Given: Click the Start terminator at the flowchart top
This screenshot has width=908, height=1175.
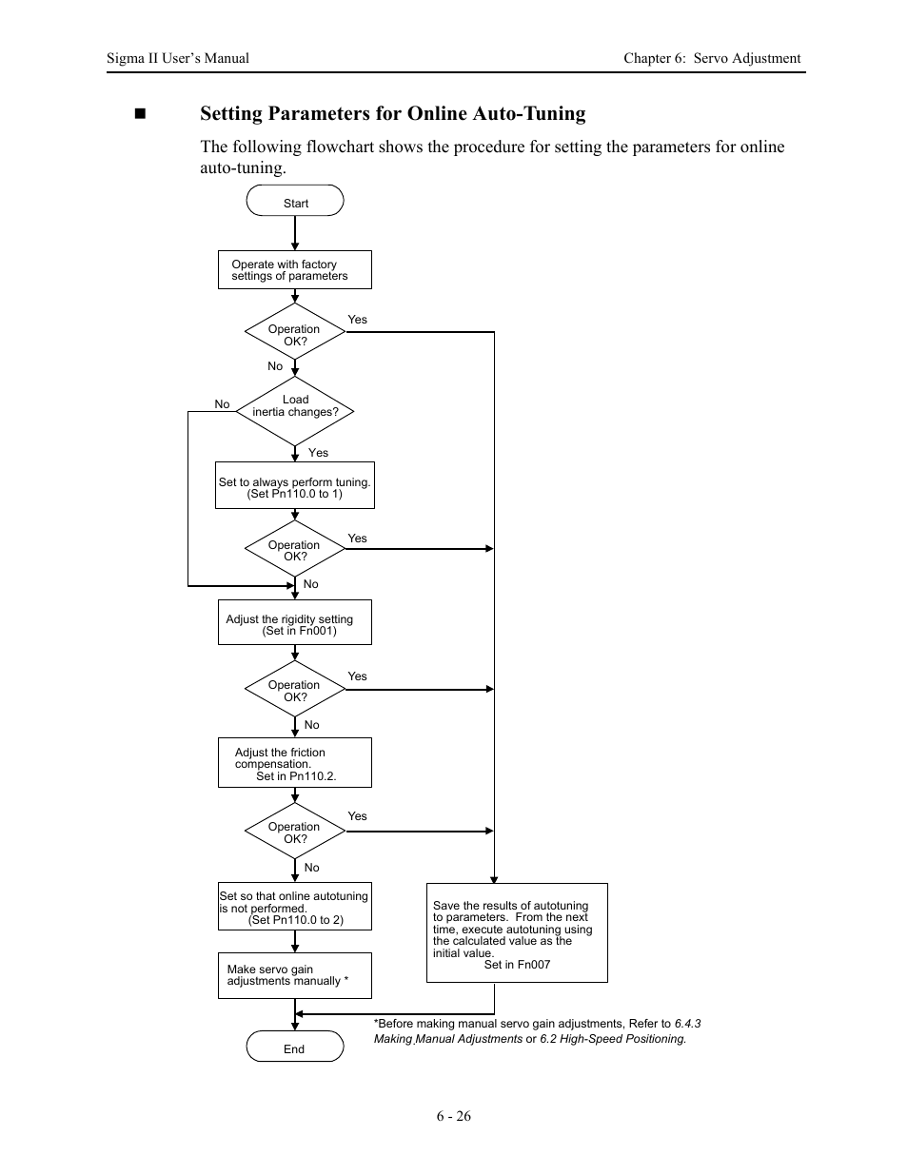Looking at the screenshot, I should (295, 202).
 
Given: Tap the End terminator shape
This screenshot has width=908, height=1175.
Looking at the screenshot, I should (295, 1048).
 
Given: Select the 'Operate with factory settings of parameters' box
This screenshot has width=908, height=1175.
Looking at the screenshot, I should (295, 270).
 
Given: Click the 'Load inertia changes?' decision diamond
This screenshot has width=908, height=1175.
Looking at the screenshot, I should (295, 411).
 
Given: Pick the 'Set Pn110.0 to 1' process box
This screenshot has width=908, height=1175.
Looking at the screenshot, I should (295, 486).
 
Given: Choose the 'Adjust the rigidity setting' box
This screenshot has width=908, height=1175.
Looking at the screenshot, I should (295, 623).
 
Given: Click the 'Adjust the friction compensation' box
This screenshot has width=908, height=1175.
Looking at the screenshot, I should (295, 763).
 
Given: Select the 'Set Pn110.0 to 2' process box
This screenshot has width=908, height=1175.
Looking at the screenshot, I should (295, 907).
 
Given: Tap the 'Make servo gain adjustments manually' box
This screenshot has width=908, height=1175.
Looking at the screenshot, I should (295, 975).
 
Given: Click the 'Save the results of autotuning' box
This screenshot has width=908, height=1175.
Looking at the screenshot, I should (517, 933).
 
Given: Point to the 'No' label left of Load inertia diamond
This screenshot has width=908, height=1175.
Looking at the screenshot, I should (222, 404).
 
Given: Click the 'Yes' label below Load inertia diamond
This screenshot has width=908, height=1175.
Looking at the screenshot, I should (318, 453).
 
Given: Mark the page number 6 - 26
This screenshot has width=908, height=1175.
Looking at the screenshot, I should (454, 1116).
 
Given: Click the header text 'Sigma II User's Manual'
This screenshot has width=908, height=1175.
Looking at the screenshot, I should (178, 58).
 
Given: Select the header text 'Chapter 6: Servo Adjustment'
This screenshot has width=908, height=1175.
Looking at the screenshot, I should (712, 58).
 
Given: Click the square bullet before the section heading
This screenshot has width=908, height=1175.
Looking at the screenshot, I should (141, 114).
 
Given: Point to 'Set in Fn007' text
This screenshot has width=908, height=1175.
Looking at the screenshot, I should (517, 965).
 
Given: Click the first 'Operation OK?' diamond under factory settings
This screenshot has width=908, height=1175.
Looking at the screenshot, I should (295, 334).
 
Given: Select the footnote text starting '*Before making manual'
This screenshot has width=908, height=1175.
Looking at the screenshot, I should (537, 1031).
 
